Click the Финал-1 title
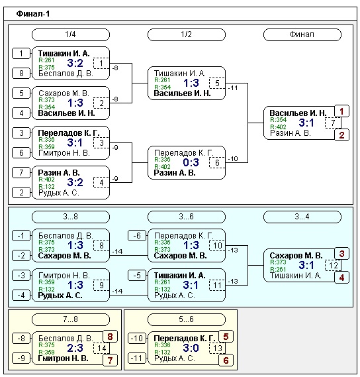(x=33, y=14)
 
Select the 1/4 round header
(x=71, y=34)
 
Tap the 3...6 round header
(x=187, y=217)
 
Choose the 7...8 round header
(x=71, y=319)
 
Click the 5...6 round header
(x=187, y=319)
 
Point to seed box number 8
(x=21, y=73)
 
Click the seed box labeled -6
(x=137, y=236)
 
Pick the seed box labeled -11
(x=137, y=358)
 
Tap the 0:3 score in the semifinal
(x=191, y=162)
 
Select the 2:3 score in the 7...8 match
(x=75, y=348)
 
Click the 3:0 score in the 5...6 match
(x=191, y=348)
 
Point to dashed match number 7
(x=333, y=123)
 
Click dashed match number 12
(x=333, y=266)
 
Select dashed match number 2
(x=101, y=103)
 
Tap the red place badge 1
(x=341, y=111)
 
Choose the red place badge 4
(x=341, y=278)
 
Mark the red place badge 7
(x=110, y=360)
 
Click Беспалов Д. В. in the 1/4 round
(x=66, y=74)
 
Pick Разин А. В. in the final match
(x=290, y=133)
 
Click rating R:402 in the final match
(x=278, y=127)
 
